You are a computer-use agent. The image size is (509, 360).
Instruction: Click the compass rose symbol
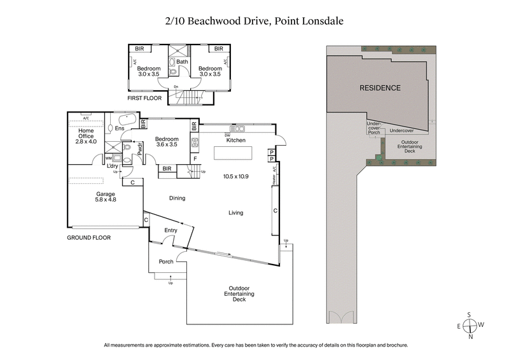coord(470,326)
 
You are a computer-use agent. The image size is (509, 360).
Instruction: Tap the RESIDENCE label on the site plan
coord(380,88)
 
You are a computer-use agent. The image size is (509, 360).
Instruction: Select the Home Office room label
coord(86,133)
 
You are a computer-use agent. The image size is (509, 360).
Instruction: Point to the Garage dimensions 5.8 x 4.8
coord(106,200)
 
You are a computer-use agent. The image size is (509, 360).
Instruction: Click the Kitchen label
coord(236,140)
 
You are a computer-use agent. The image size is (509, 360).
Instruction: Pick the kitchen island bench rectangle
coord(232,154)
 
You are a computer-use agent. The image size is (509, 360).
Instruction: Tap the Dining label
coord(177,198)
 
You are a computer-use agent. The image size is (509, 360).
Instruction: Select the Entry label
coord(171,230)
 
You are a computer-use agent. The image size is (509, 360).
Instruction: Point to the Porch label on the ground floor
coord(166,261)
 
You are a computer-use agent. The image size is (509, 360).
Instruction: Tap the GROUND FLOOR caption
coord(89,237)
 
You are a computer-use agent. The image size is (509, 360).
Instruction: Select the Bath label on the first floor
coord(183,62)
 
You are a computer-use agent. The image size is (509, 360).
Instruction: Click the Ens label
coord(119,128)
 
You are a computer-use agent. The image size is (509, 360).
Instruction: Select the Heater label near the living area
coord(274,180)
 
